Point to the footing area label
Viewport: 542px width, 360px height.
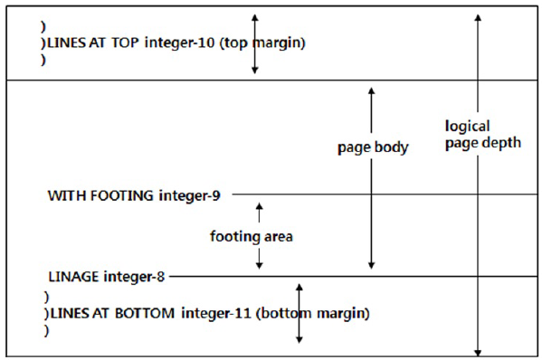[252, 237]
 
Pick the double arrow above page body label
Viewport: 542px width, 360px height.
[371, 113]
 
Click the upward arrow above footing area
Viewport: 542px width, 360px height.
[260, 214]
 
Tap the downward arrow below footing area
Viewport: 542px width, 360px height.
[260, 259]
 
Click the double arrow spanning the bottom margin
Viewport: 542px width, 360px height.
[299, 312]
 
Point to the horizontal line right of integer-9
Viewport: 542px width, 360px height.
[380, 194]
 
